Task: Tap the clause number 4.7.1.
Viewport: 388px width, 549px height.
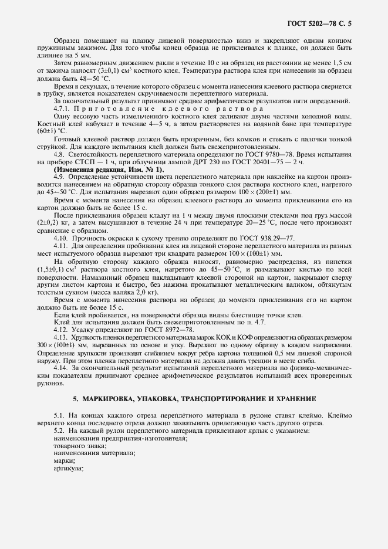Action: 63,109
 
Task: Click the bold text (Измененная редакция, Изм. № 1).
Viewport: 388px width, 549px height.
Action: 100,168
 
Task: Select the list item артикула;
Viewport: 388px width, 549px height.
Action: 69,469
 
